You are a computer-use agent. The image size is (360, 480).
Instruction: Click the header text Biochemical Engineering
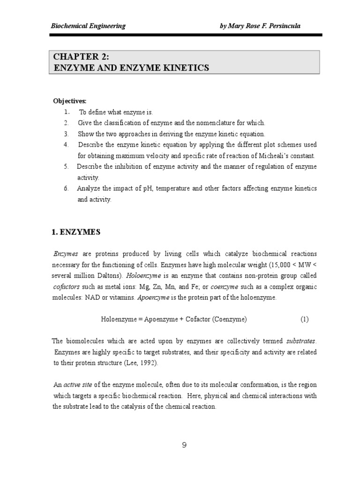point(88,26)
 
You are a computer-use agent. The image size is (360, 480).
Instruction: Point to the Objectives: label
point(69,101)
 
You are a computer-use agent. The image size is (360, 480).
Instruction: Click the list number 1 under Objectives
point(67,112)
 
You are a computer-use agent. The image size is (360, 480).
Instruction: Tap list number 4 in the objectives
point(66,144)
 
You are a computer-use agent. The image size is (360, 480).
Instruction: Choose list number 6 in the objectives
point(66,188)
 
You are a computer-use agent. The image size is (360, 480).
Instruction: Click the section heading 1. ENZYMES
point(75,232)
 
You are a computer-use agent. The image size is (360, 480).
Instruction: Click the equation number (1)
point(305,319)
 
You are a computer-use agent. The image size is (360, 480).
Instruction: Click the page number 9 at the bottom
point(184,445)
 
